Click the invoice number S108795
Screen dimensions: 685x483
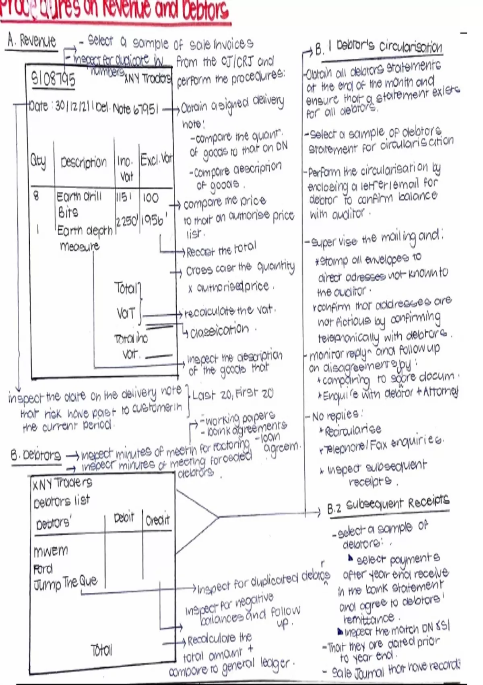53,79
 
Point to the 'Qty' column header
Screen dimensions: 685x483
38,161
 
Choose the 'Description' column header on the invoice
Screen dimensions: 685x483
84,162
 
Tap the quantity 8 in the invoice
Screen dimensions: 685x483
36,196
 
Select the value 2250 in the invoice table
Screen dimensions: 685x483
127,221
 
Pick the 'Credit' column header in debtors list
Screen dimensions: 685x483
157,520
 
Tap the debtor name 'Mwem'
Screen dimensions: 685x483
51,551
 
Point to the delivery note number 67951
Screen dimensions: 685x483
146,109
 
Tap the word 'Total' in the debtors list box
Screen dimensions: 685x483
101,650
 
